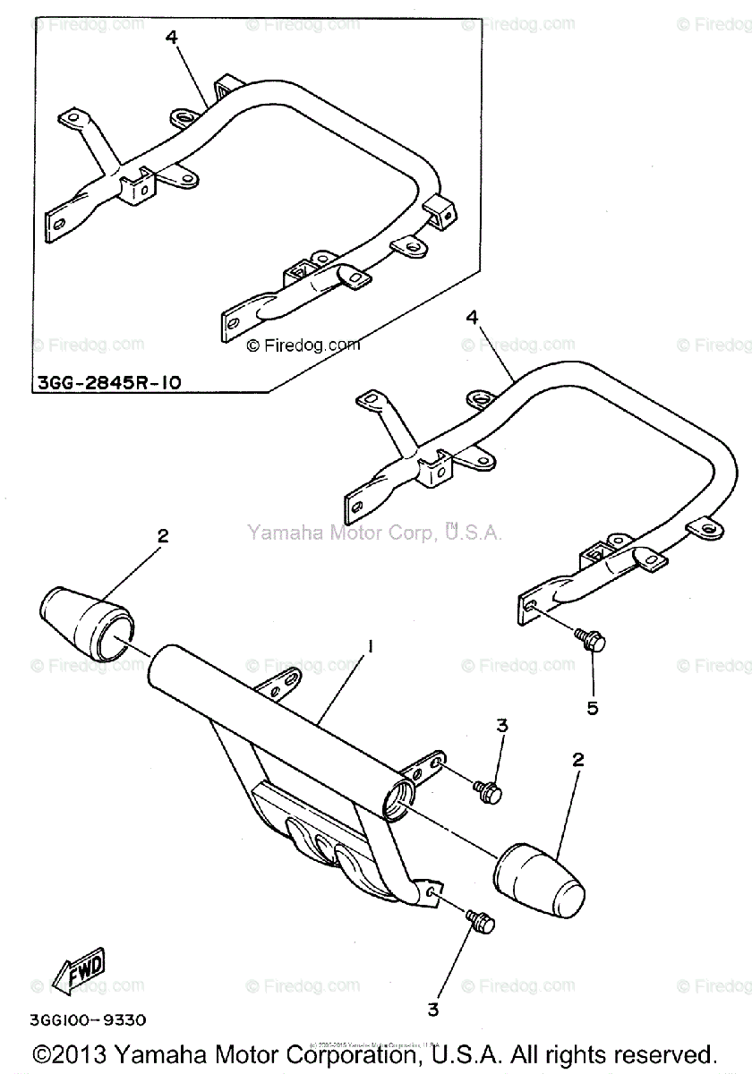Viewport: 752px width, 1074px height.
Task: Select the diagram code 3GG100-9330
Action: pos(89,1019)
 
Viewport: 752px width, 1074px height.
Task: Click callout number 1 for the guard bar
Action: pos(366,645)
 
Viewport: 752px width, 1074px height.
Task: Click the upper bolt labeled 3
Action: pos(489,790)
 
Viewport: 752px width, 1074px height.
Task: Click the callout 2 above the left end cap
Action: pos(162,537)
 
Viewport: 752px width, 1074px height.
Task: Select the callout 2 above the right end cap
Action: pos(577,760)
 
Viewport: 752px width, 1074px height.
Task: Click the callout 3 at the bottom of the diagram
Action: pos(433,1010)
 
